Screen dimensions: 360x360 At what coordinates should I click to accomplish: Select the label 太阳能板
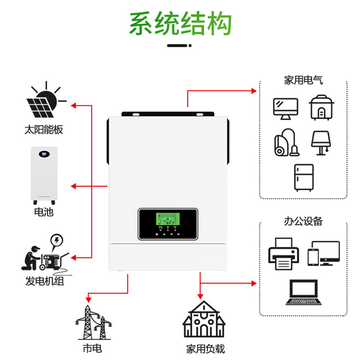coord(44,130)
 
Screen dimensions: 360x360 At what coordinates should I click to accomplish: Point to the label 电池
coord(44,211)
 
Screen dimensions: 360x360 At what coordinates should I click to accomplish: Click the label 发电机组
coord(45,282)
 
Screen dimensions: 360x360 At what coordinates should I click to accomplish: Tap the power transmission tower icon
coord(92,323)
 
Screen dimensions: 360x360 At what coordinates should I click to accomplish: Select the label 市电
coord(92,349)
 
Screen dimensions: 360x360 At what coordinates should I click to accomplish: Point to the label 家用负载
coord(205,349)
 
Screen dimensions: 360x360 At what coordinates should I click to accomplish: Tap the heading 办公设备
coord(303,221)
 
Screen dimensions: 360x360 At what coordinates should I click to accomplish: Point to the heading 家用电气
coord(303,81)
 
